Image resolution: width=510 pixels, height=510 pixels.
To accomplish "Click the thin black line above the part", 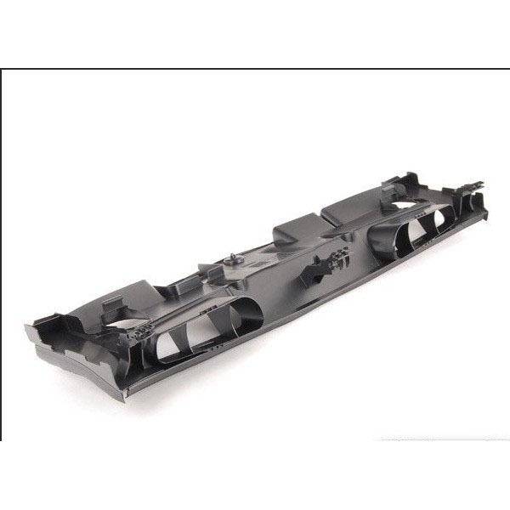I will pos(255,69).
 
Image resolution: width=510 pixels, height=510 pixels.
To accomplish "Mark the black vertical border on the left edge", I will pos(2,255).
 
